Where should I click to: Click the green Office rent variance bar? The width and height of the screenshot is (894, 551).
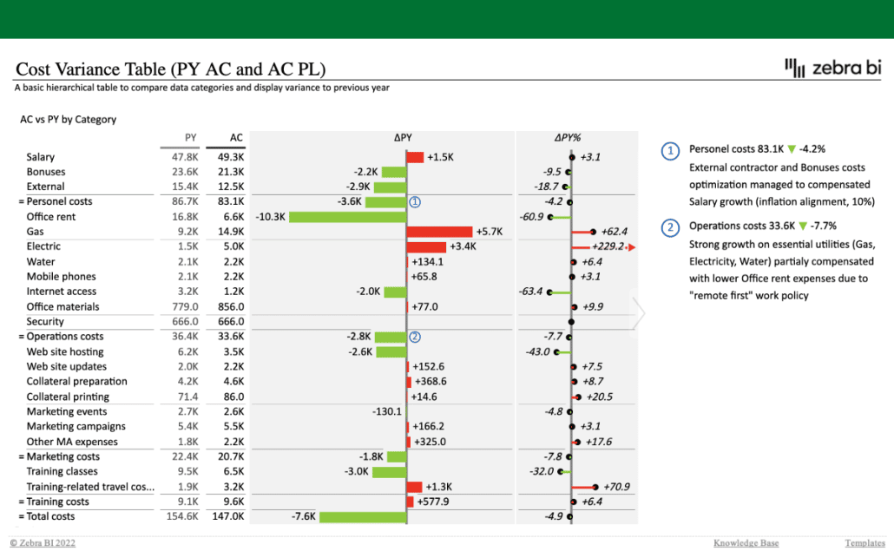pyautogui.click(x=347, y=217)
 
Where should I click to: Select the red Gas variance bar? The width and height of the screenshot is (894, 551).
pyautogui.click(x=439, y=232)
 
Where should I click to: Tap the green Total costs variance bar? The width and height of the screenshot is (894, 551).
pyautogui.click(x=363, y=517)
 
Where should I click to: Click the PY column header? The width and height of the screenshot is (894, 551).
pyautogui.click(x=191, y=137)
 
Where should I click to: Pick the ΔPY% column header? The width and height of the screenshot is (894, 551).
pyautogui.click(x=568, y=137)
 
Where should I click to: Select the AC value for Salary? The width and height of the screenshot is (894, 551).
pyautogui.click(x=231, y=157)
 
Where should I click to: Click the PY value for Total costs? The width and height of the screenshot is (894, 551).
pyautogui.click(x=183, y=517)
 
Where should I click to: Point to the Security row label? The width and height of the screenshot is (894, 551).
pyautogui.click(x=45, y=322)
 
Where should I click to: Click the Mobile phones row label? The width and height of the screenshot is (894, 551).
pyautogui.click(x=62, y=277)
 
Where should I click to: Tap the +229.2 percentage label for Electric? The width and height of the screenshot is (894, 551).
pyautogui.click(x=608, y=247)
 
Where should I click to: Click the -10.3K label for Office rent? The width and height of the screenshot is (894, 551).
pyautogui.click(x=271, y=217)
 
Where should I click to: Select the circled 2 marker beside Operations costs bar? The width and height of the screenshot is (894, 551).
pyautogui.click(x=415, y=337)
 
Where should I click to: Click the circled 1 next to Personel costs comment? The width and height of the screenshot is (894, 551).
pyautogui.click(x=669, y=150)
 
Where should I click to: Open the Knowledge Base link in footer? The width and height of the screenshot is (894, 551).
pyautogui.click(x=746, y=543)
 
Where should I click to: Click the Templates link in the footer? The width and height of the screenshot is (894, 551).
pyautogui.click(x=864, y=543)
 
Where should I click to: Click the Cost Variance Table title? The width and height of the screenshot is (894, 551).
pyautogui.click(x=171, y=69)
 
